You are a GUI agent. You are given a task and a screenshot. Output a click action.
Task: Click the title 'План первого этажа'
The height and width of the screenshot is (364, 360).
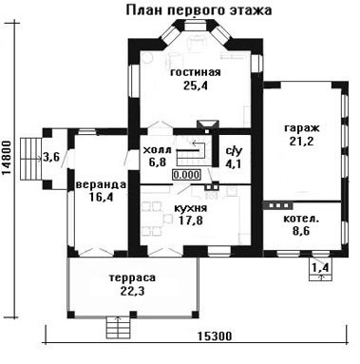coord(199,10)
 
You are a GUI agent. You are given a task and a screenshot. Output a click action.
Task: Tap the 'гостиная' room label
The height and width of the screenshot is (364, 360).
coord(196,72)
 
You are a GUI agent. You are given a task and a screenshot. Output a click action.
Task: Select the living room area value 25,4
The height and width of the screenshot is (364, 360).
coord(196,86)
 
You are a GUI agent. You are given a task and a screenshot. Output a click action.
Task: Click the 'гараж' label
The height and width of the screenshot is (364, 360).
coord(302,128)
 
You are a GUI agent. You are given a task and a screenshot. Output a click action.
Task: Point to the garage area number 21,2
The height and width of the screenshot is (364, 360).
coord(301,141)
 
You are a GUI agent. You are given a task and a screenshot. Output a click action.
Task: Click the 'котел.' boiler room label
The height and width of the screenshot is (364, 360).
coord(301,219)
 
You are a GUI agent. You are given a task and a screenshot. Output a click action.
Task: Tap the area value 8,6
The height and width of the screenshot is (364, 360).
coord(301,231)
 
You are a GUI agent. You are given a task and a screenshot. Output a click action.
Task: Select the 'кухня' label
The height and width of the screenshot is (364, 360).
coord(191,208)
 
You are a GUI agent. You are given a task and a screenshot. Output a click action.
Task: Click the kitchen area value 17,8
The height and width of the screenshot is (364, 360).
coord(191,220)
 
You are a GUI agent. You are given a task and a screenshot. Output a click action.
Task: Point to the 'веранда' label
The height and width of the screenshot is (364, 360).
coord(101,184)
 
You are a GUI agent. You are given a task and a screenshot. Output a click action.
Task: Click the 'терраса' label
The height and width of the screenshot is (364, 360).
coord(132,278)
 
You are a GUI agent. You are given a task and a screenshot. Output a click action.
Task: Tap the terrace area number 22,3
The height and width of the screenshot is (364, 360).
coord(132,291)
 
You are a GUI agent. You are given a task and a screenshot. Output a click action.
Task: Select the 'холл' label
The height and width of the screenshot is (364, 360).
coord(157,150)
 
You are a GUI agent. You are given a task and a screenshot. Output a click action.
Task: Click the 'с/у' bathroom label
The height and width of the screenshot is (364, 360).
coord(234,151)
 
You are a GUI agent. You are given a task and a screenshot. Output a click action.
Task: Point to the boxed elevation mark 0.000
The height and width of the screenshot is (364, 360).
coord(186,175)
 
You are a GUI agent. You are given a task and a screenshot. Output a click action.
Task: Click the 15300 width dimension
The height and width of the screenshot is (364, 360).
coord(215,336)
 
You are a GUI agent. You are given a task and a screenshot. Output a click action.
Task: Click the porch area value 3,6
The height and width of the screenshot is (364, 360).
coord(51,157)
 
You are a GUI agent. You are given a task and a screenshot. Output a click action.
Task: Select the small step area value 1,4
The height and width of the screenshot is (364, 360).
coord(321,268)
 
